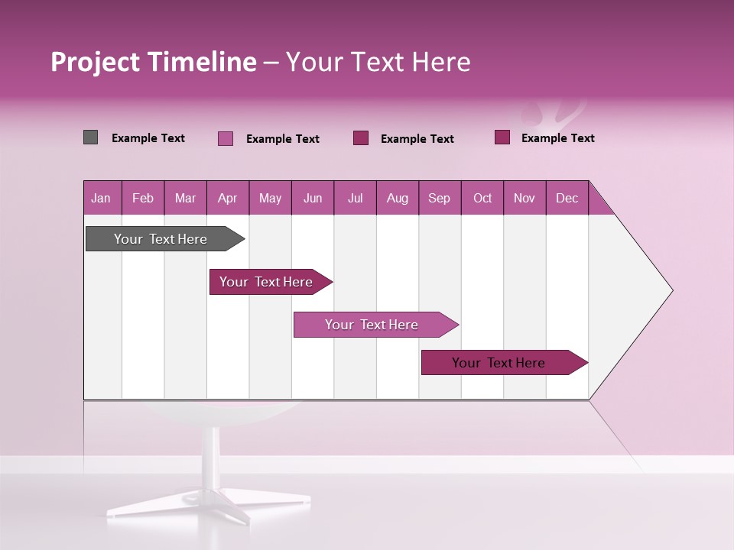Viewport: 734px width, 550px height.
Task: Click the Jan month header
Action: point(102,198)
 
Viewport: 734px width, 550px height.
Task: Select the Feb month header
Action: point(143,198)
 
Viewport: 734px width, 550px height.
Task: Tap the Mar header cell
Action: point(185,198)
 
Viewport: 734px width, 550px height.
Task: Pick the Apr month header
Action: point(228,198)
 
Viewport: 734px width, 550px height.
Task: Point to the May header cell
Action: point(270,198)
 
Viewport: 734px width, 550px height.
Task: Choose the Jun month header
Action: point(313,198)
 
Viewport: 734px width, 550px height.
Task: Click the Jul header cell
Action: point(355,198)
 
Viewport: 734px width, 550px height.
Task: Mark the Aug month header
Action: point(398,198)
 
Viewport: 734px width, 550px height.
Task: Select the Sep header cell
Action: point(440,198)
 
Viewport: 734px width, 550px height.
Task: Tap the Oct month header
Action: point(482,198)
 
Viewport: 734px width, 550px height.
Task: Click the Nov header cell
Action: point(525,198)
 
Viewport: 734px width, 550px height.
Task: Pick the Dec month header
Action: point(567,198)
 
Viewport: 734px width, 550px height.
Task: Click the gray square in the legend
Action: point(90,137)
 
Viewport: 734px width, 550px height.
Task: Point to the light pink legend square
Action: point(226,138)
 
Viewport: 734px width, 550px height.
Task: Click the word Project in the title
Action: point(95,62)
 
